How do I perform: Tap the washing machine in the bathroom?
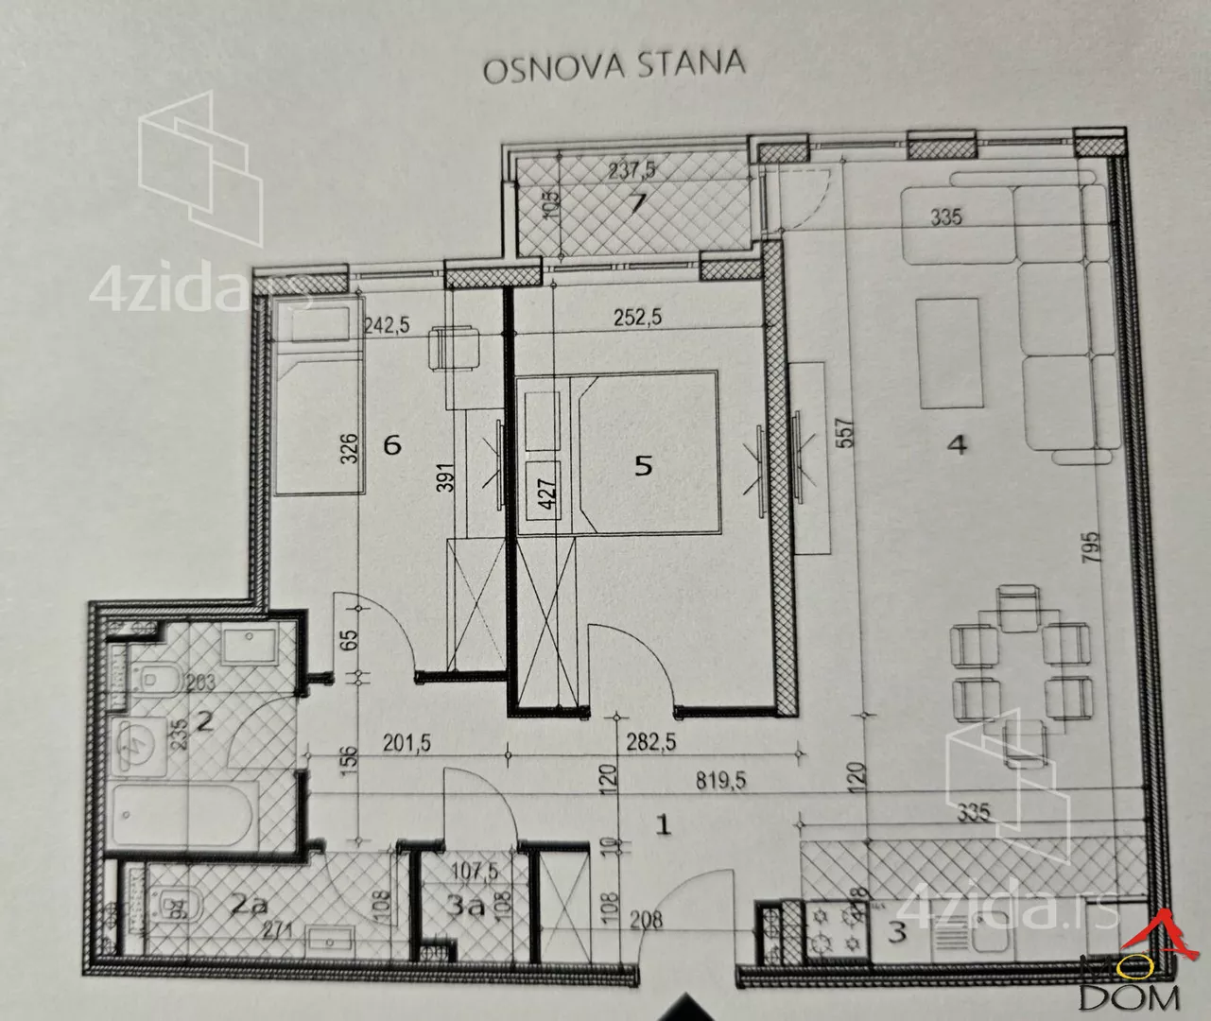(136, 742)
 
